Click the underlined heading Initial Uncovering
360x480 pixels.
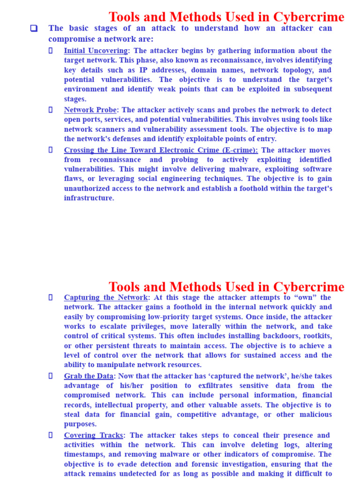[96, 51]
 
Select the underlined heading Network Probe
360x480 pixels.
[90, 110]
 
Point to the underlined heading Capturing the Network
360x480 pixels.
[106, 298]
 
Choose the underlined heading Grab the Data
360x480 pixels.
[89, 376]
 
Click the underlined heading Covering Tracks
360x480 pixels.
[93, 435]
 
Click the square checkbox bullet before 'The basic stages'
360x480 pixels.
[34, 28]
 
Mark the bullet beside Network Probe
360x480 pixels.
[51, 110]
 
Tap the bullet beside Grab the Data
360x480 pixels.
[51, 376]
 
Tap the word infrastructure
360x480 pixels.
[89, 198]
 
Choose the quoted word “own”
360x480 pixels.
[305, 298]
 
